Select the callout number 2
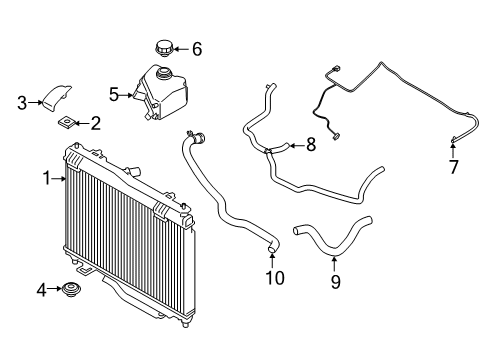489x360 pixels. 95,124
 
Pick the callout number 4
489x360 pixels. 42,290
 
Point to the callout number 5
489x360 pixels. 114,95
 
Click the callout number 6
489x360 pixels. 196,48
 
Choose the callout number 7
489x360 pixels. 453,167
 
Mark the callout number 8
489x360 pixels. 310,145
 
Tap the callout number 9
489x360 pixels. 335,282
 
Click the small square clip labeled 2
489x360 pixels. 66,123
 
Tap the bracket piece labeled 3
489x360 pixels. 55,97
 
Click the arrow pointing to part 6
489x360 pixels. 182,48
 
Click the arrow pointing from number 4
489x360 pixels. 56,290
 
